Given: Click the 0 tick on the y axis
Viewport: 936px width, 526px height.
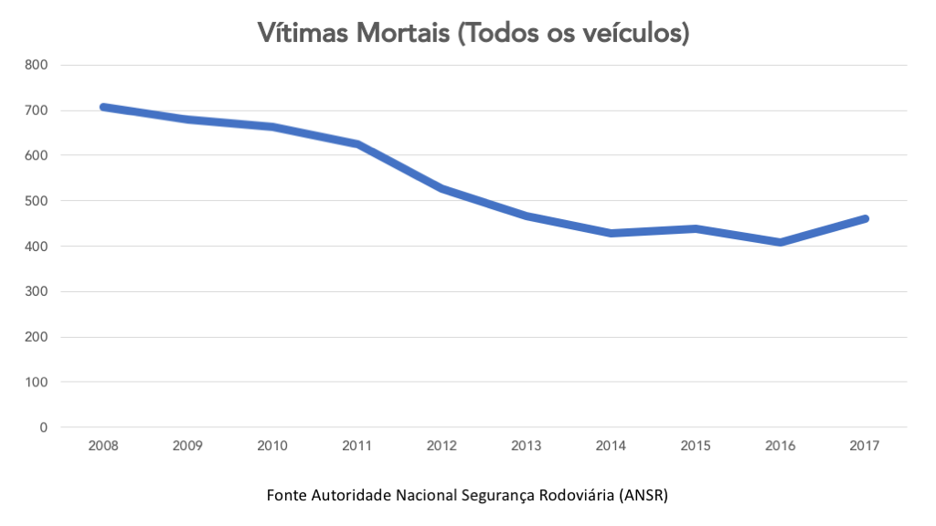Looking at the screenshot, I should pos(43,427).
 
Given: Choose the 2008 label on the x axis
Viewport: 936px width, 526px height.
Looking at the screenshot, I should pos(103,447).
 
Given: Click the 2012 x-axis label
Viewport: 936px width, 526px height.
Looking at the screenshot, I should pos(441,447).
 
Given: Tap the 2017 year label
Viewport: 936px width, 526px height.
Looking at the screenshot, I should pos(864,447).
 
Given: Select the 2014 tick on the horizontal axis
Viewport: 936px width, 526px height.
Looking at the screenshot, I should pos(611,447).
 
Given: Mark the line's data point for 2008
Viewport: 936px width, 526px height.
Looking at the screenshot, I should pos(103,107).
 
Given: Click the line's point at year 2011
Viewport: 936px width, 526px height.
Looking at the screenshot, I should pos(357,143).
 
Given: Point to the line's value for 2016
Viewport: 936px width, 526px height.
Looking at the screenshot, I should pos(780,242).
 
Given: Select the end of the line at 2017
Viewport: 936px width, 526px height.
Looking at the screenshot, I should pos(864,219).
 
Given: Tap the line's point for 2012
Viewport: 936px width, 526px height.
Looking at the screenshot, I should pos(441,188).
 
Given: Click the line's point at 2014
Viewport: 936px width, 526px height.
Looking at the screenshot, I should pos(611,233).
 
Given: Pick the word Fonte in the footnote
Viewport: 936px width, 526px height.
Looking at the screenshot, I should pos(286,496).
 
